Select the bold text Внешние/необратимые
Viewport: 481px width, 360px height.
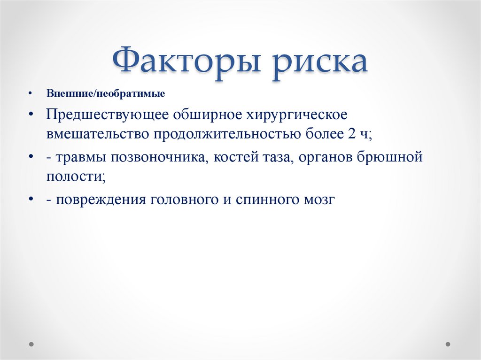105,94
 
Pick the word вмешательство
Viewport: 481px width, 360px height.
96,135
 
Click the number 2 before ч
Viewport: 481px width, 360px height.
352,135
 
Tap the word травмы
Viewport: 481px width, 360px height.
81,157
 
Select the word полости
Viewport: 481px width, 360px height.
75,177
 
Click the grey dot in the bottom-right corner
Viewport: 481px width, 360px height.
449,344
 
